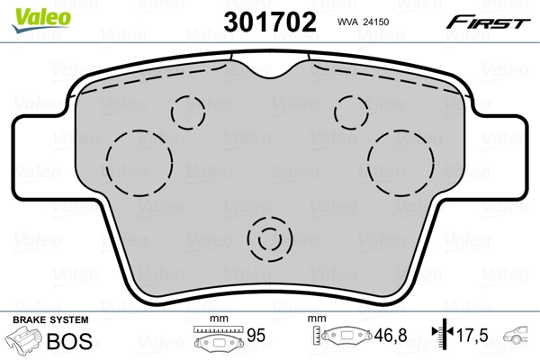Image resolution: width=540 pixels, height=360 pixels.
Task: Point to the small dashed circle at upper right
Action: coord(350,111)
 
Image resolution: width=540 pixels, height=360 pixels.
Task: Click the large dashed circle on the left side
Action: coord(139,161)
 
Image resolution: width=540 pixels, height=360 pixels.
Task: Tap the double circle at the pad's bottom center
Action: coord(270,240)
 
